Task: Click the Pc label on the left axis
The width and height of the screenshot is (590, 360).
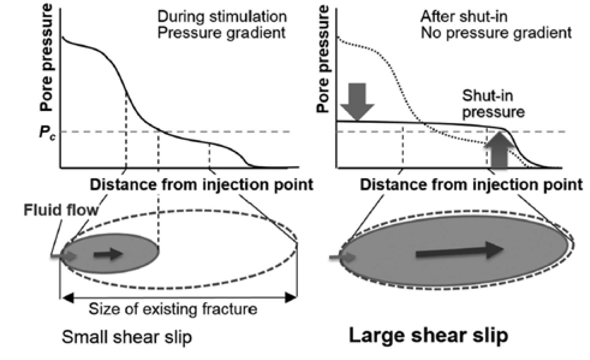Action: click(x=48, y=133)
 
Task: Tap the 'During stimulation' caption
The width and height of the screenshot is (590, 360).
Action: click(x=222, y=17)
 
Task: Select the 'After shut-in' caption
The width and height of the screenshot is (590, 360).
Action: click(x=464, y=17)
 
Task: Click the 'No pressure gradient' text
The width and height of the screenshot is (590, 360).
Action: click(x=496, y=33)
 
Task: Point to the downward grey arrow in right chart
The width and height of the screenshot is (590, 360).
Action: click(x=357, y=102)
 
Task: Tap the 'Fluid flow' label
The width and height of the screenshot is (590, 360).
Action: click(x=61, y=210)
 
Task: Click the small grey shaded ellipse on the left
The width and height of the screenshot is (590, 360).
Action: click(x=111, y=253)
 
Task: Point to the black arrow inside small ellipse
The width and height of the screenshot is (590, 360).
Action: click(x=108, y=254)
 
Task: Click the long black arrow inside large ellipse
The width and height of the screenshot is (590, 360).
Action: click(x=459, y=250)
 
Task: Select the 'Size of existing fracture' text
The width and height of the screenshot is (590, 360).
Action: click(x=173, y=309)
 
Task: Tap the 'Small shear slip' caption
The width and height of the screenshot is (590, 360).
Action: click(x=127, y=337)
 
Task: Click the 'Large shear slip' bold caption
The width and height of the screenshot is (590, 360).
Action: click(x=429, y=335)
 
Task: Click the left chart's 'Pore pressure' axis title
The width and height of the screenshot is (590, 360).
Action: click(x=46, y=57)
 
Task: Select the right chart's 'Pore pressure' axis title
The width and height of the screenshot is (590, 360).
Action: click(x=323, y=58)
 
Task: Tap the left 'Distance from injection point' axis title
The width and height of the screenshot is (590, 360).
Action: click(x=201, y=185)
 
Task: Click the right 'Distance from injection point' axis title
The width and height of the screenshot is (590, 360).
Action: click(x=471, y=185)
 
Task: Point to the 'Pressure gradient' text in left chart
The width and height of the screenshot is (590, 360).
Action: click(x=221, y=33)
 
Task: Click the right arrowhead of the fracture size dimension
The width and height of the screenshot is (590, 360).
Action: click(x=291, y=298)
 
